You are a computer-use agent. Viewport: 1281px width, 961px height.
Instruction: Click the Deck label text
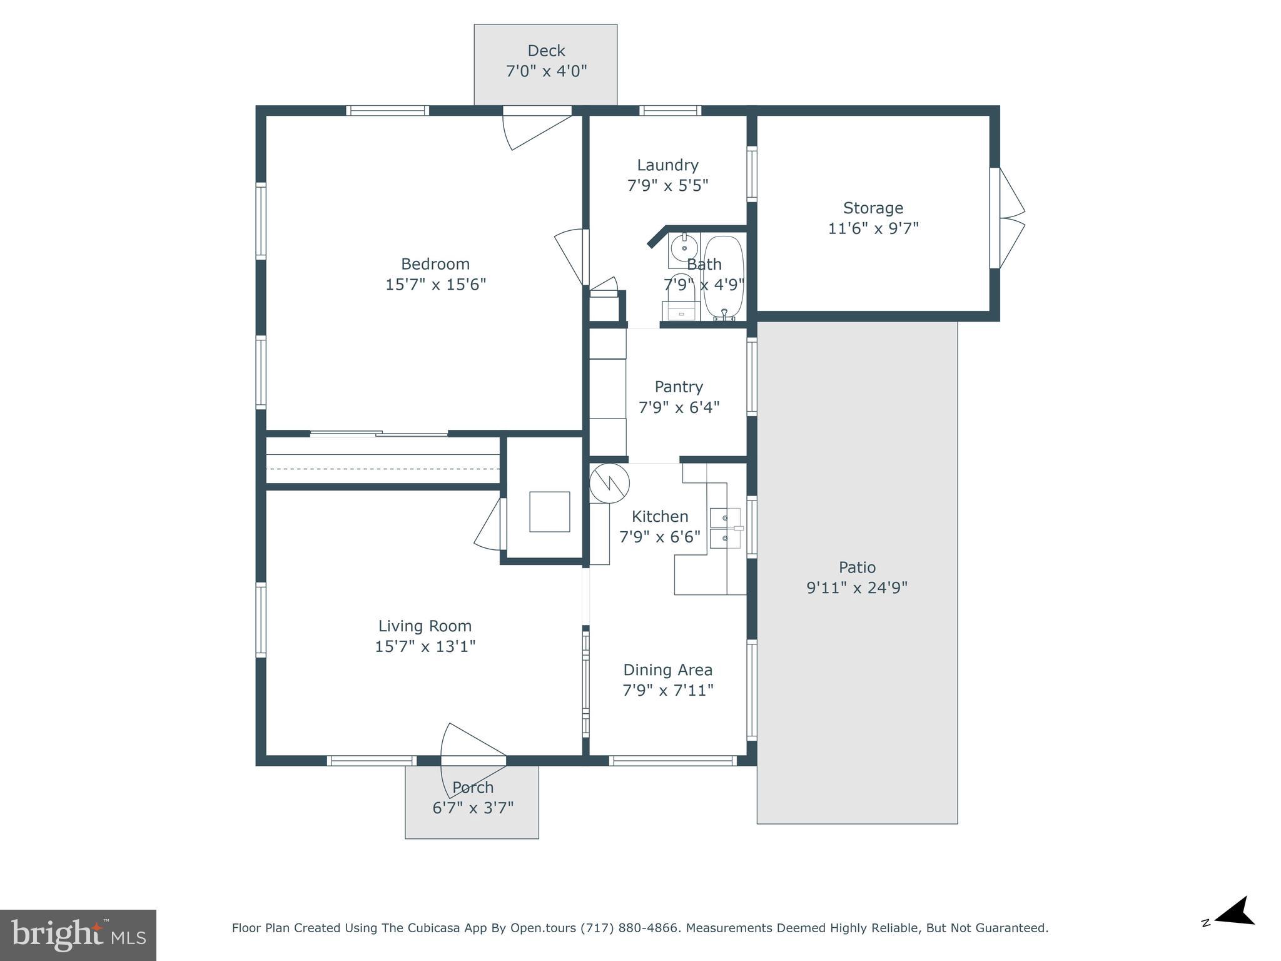(x=546, y=51)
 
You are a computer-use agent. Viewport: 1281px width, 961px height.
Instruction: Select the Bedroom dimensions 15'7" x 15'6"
(x=435, y=285)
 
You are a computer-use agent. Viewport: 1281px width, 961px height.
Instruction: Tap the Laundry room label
(x=667, y=165)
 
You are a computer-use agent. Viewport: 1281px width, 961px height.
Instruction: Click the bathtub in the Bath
(x=724, y=278)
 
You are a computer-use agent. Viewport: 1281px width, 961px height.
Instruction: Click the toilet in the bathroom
(x=680, y=298)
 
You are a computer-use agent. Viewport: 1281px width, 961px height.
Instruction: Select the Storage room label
(x=873, y=208)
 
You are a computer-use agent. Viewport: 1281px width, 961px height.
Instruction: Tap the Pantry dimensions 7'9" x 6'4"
(x=679, y=407)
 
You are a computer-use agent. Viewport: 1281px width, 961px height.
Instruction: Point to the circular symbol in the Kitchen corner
(x=609, y=483)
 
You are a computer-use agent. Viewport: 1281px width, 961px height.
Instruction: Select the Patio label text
(x=857, y=567)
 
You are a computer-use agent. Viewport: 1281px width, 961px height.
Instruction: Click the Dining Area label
(x=667, y=670)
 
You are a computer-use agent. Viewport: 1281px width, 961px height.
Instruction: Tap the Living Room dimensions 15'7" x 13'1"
(x=425, y=646)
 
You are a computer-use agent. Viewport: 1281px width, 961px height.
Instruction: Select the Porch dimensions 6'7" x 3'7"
(x=473, y=808)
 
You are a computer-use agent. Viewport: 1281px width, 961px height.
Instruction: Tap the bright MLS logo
(x=78, y=935)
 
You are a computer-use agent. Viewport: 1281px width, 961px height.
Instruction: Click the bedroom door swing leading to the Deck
(x=535, y=130)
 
